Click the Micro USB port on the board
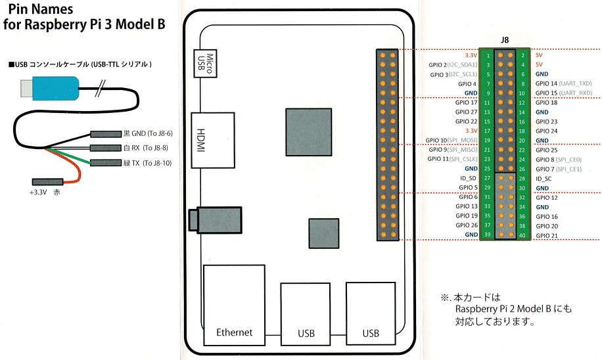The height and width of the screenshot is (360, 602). pos(205,63)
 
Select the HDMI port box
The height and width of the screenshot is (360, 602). pos(213,140)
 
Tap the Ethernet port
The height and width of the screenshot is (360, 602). pos(234,305)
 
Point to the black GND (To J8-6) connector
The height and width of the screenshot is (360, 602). pos(106,134)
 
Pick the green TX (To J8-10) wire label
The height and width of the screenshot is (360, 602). pos(147,163)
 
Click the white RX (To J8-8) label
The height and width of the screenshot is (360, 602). pos(145,148)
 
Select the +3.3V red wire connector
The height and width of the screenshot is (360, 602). pos(47,181)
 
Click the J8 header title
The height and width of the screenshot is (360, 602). pos(505,40)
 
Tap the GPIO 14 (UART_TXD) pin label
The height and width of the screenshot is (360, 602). pos(564,83)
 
